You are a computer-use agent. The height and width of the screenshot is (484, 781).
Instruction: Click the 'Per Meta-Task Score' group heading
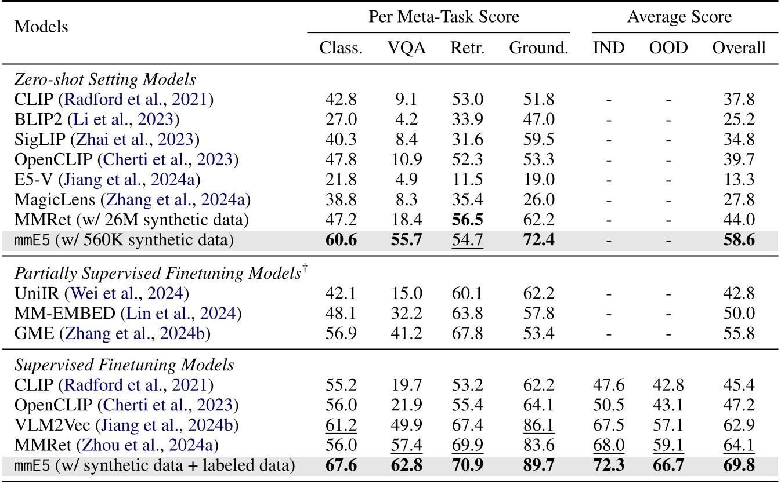pos(444,17)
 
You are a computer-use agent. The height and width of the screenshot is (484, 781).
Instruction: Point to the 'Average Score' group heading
pos(679,17)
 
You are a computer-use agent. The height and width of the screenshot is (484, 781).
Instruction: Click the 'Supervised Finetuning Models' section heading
pos(124,365)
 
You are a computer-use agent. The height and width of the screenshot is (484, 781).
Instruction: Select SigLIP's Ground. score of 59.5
pos(538,139)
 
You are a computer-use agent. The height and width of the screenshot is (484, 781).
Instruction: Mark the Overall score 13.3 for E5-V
pos(739,179)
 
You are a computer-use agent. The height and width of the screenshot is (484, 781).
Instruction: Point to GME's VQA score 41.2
pos(406,333)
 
